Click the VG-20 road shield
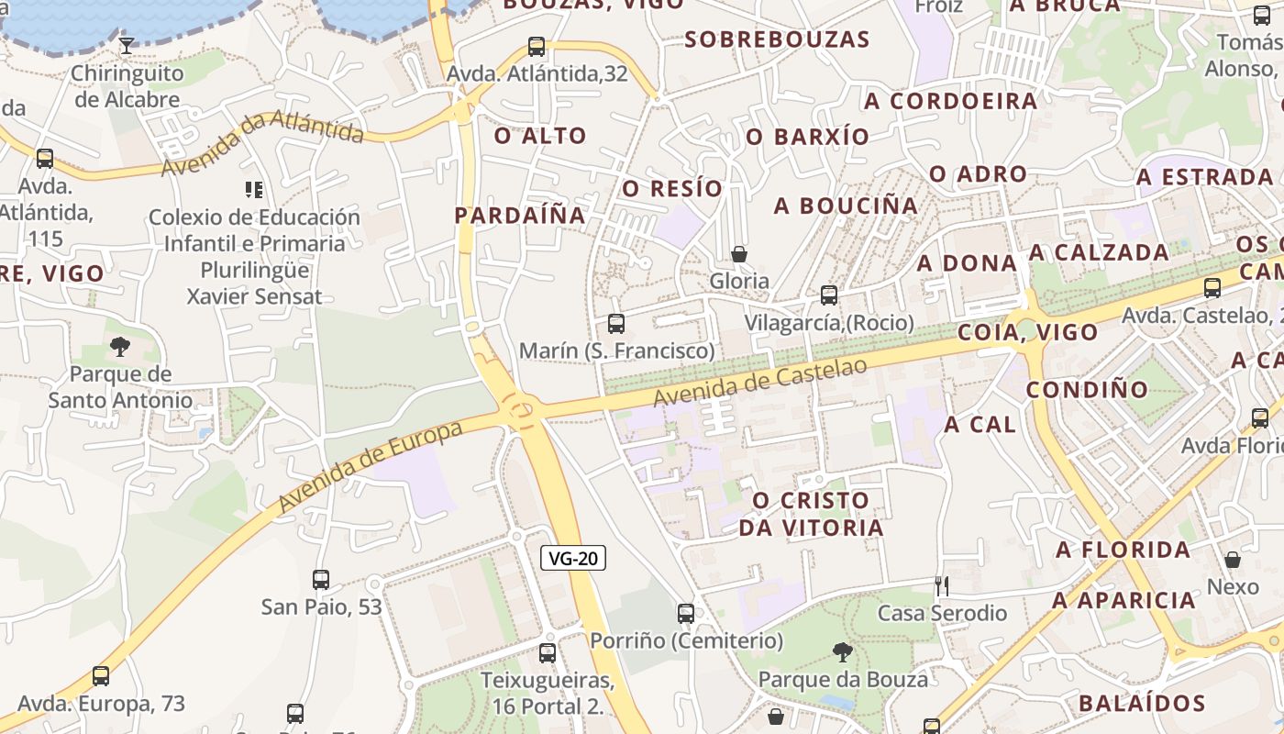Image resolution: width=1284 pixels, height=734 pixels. point(573,558)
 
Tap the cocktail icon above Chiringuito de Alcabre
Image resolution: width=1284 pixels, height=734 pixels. point(127,44)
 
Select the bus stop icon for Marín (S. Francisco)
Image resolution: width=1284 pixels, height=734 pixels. point(616,323)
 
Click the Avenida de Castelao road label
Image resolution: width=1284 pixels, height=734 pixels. point(760,382)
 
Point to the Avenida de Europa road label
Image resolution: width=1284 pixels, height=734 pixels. point(370,466)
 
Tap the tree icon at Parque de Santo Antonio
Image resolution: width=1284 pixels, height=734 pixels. point(119,346)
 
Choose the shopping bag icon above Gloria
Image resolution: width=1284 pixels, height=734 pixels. point(739,253)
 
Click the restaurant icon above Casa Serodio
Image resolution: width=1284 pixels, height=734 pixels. point(942,585)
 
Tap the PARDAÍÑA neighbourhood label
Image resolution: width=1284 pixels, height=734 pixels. point(520,215)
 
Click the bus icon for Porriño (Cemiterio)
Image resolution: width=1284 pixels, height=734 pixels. point(686,613)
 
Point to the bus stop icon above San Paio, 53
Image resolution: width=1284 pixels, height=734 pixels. point(321,579)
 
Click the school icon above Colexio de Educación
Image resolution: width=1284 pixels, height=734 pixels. point(254,190)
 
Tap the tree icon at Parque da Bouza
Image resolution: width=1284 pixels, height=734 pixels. point(843,652)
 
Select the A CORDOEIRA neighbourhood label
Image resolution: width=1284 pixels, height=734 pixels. point(951,101)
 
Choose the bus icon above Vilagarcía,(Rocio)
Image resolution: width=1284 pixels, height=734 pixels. point(829,295)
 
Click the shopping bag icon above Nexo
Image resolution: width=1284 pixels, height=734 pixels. point(1233,559)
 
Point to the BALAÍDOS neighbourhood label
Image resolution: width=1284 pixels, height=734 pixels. point(1143,704)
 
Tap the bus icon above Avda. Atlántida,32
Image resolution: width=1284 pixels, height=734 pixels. point(537,46)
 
